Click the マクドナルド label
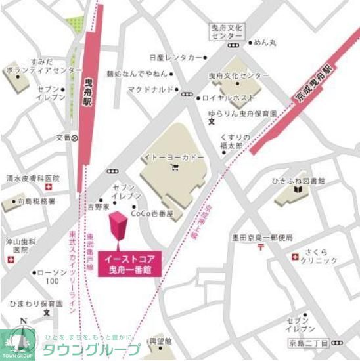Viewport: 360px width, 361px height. point(150,89)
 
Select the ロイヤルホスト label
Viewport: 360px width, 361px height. point(229,98)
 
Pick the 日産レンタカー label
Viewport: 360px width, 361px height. point(175,58)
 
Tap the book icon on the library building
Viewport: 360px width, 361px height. point(298,190)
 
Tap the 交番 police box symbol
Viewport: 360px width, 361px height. point(75,138)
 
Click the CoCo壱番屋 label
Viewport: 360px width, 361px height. point(152,213)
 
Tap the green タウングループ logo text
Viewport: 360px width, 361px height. point(92,349)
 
